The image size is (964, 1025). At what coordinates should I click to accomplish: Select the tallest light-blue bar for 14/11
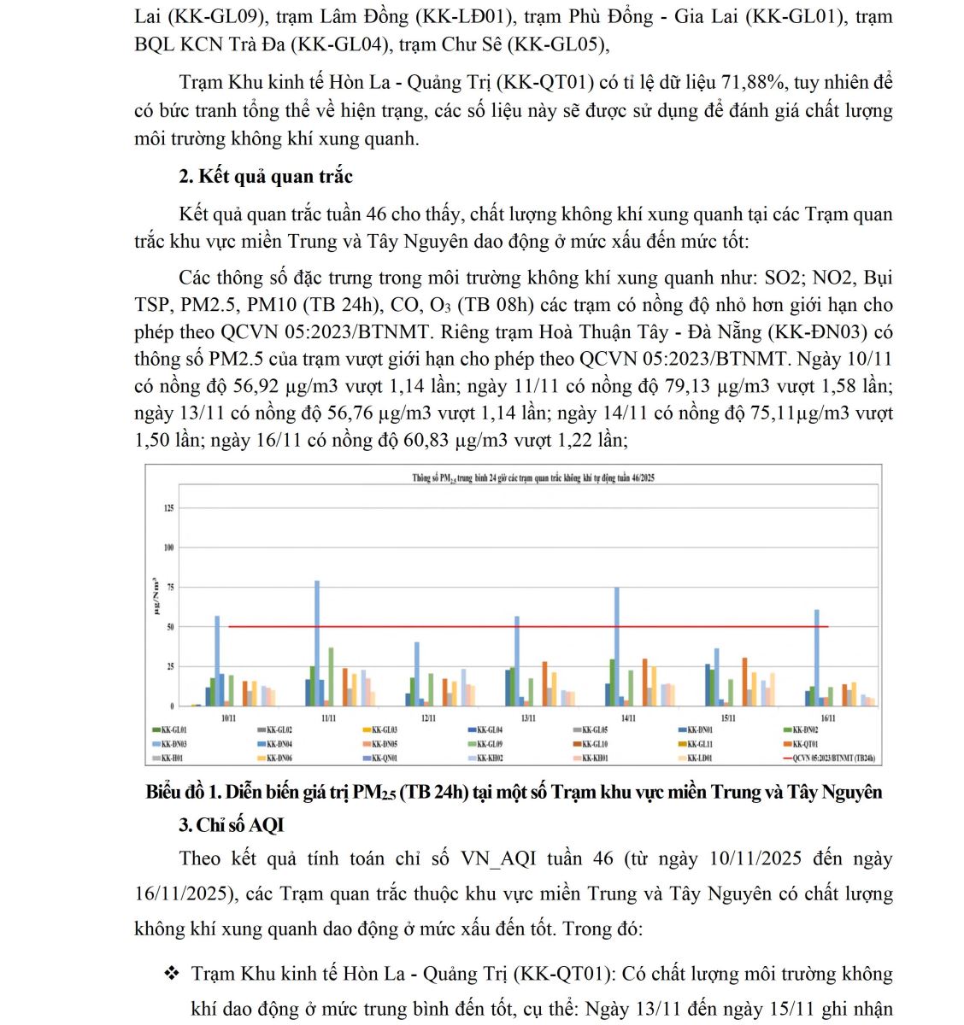point(616,646)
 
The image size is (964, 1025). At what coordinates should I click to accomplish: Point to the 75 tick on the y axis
point(169,588)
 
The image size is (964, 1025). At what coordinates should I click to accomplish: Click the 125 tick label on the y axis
point(168,508)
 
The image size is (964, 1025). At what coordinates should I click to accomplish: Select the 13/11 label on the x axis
point(528,718)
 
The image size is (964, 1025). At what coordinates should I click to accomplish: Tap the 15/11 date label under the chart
point(728,718)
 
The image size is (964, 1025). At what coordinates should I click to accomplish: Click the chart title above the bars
point(533,478)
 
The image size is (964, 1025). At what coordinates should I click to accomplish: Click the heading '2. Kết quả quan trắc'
point(266,177)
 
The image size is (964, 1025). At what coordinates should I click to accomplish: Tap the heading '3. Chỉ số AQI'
point(231,825)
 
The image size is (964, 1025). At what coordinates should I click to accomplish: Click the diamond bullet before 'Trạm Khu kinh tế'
point(172,974)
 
